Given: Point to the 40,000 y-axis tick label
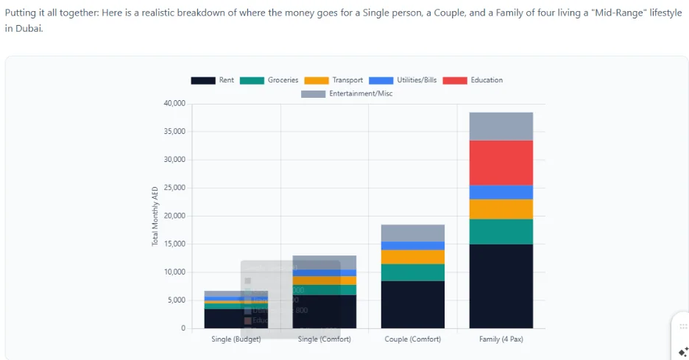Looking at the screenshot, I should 174,104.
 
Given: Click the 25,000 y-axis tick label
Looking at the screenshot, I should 174,188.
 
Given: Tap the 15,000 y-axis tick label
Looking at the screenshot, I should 174,244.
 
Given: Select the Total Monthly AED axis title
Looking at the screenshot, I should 155,216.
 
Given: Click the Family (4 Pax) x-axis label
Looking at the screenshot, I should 501,339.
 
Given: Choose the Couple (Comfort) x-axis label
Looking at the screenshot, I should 413,339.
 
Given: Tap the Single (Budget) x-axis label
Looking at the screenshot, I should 236,339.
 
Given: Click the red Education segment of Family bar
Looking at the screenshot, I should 501,163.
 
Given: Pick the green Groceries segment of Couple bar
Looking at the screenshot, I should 413,272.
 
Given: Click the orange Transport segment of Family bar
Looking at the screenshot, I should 501,209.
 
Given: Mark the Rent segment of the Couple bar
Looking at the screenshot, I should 413,304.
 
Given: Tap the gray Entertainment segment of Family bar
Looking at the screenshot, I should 501,126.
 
